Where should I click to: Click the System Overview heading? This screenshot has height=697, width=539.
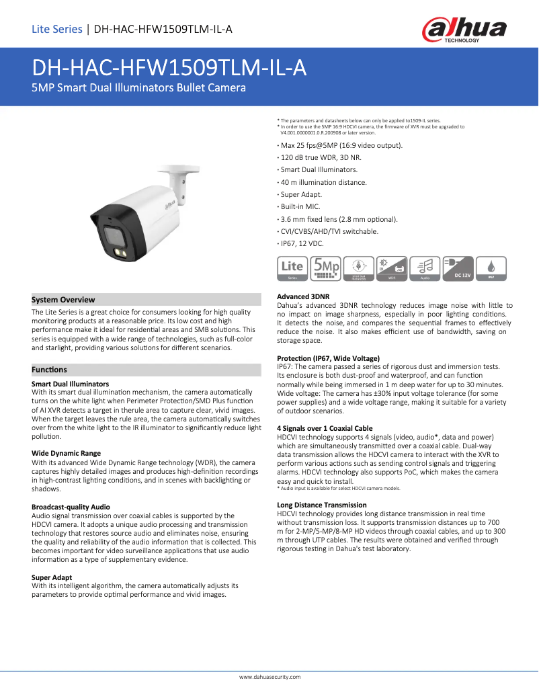point(64,300)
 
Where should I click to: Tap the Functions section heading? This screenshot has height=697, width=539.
point(50,370)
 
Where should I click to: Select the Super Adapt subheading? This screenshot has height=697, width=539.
point(52,577)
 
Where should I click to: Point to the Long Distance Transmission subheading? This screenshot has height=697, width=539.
point(322,504)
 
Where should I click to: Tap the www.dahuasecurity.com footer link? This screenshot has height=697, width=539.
point(270,676)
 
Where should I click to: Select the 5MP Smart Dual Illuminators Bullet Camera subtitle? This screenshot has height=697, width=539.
point(139,88)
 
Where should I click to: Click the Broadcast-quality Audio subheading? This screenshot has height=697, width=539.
point(71,506)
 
